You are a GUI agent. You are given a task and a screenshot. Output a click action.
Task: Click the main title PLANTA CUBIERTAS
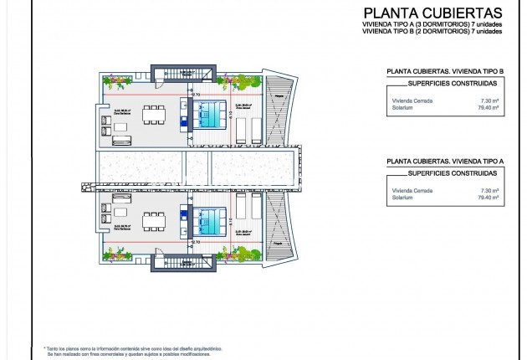coord(432,13)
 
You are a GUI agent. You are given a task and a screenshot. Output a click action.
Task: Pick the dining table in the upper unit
coord(155,113)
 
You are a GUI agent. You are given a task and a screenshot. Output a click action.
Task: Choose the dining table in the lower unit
coord(155,222)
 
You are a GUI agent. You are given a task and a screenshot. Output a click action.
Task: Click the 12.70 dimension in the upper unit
coord(195,94)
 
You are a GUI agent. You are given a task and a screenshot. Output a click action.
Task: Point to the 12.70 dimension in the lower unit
coord(195,242)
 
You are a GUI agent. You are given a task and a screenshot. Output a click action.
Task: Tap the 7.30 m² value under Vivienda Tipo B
coord(491,100)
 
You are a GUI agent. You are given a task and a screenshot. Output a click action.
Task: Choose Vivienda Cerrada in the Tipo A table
coord(408,191)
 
